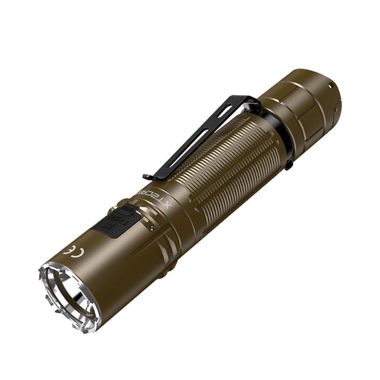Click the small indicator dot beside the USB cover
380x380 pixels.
coord(151,227)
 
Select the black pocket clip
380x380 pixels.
coord(200,135)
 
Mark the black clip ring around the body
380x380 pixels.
coord(278,140)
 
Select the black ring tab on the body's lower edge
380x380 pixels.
coord(288,165)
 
